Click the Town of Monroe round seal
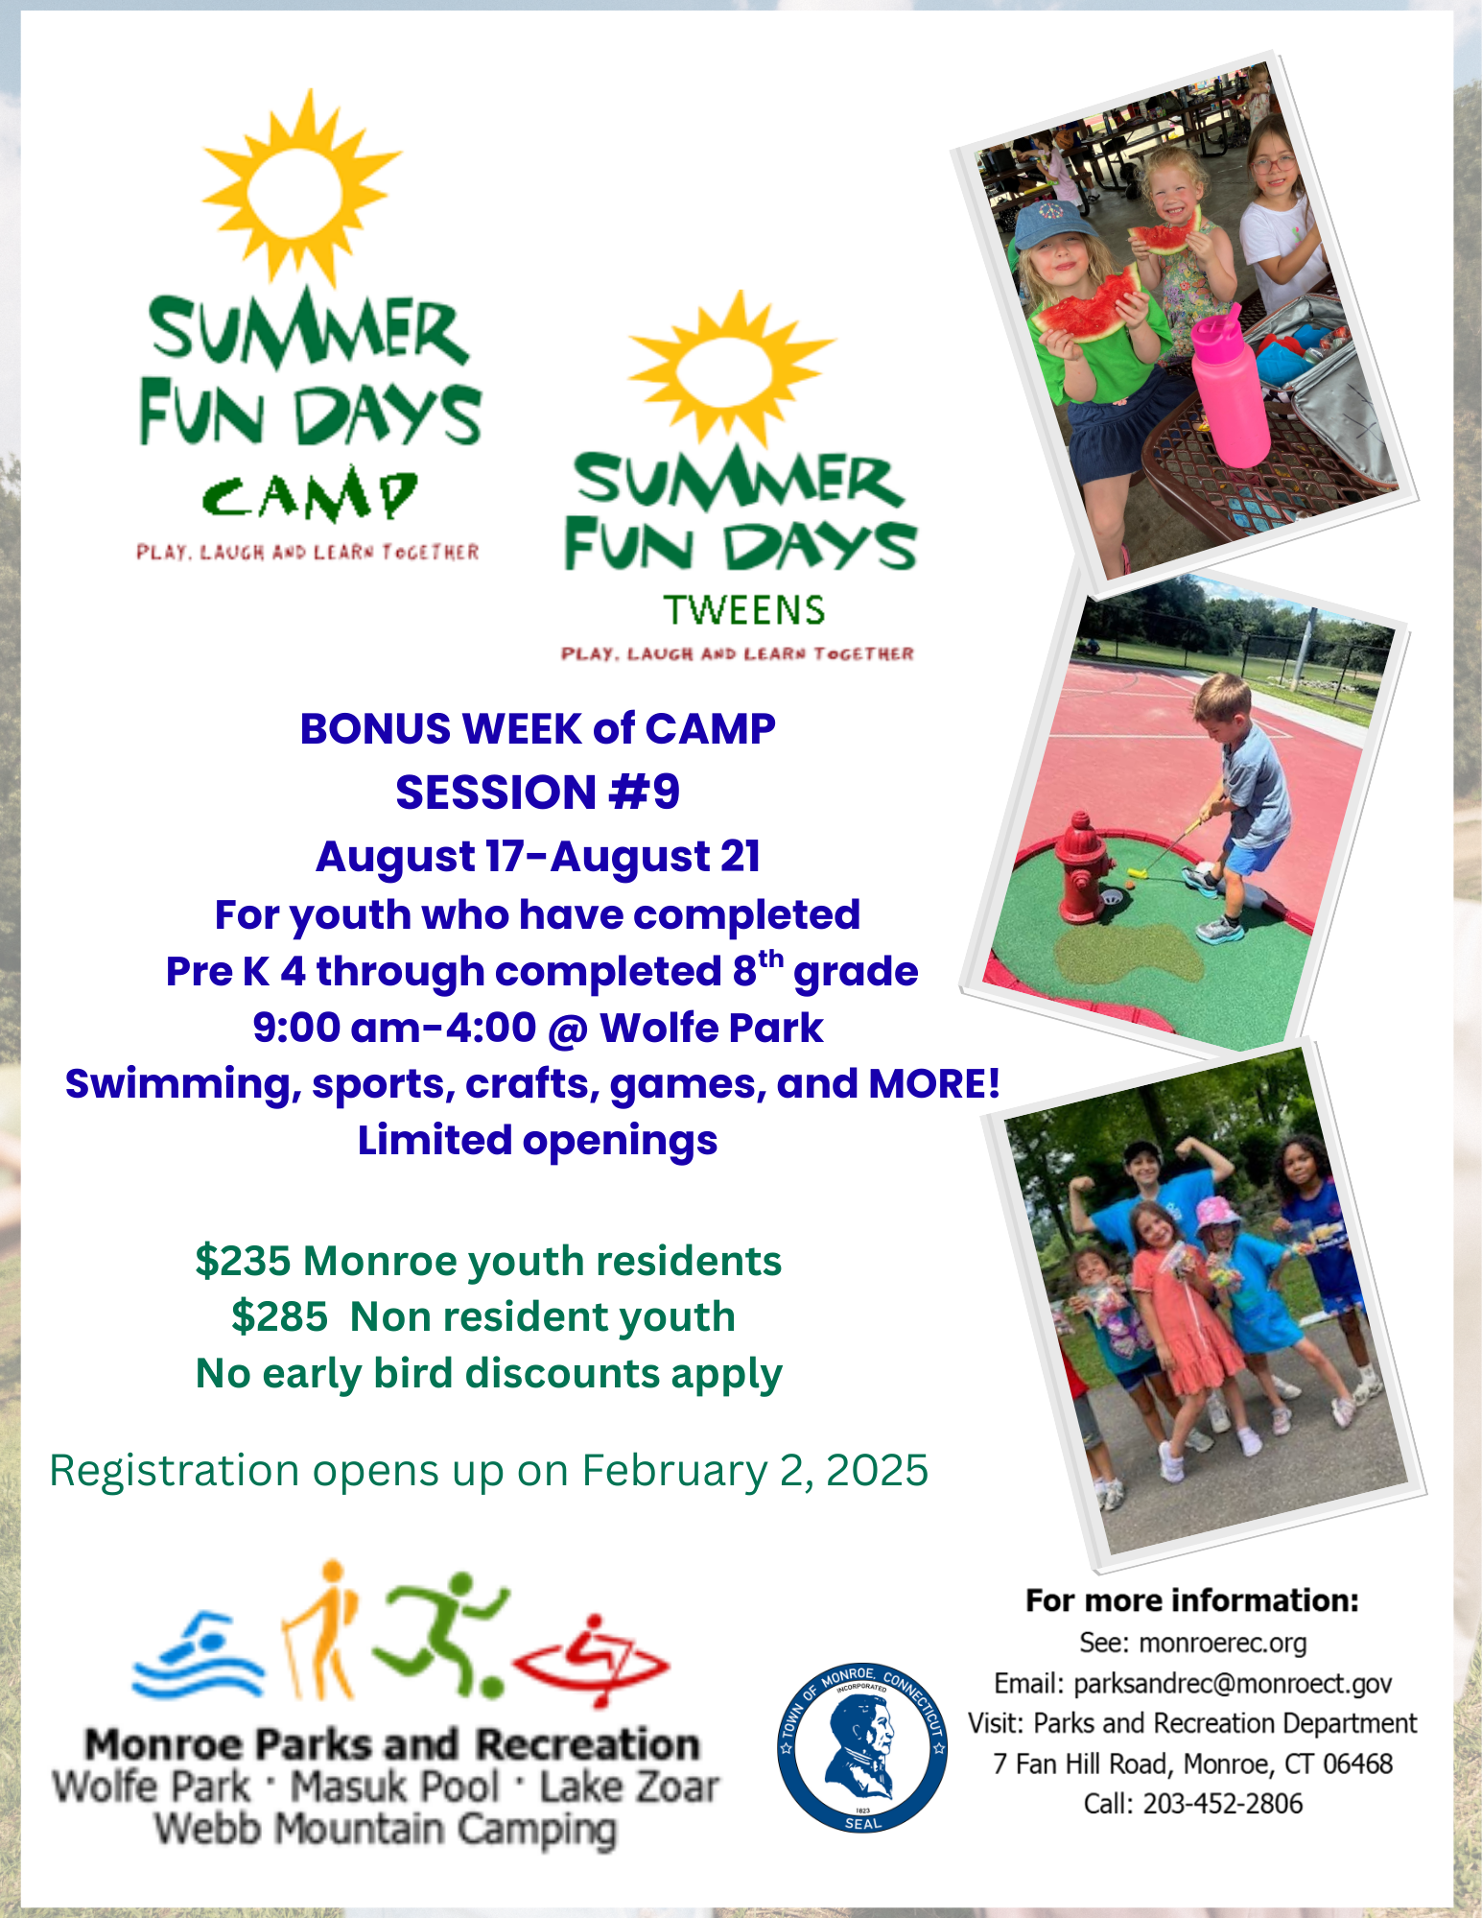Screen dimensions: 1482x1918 [x=862, y=1746]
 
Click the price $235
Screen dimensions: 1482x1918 [x=243, y=1262]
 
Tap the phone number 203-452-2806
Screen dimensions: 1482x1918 [x=1223, y=1804]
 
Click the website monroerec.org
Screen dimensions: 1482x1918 [x=1223, y=1643]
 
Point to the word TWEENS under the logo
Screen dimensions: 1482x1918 [x=744, y=610]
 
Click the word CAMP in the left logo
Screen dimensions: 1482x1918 [x=309, y=495]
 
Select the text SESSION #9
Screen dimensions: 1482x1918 [x=537, y=793]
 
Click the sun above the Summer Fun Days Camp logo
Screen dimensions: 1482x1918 [x=300, y=189]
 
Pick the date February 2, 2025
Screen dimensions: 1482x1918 [x=755, y=1471]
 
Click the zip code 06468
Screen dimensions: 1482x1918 [x=1357, y=1764]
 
